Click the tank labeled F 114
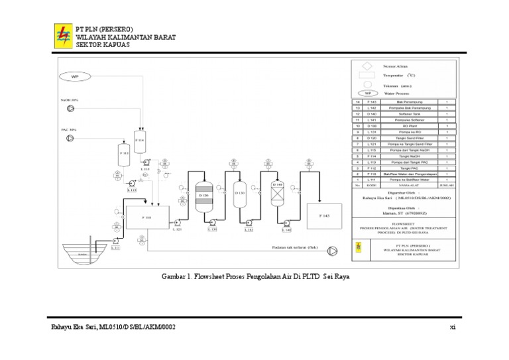[140, 141]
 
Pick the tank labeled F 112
[124, 154]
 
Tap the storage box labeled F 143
[324, 216]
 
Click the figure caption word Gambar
[173, 275]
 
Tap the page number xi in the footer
[452, 328]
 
